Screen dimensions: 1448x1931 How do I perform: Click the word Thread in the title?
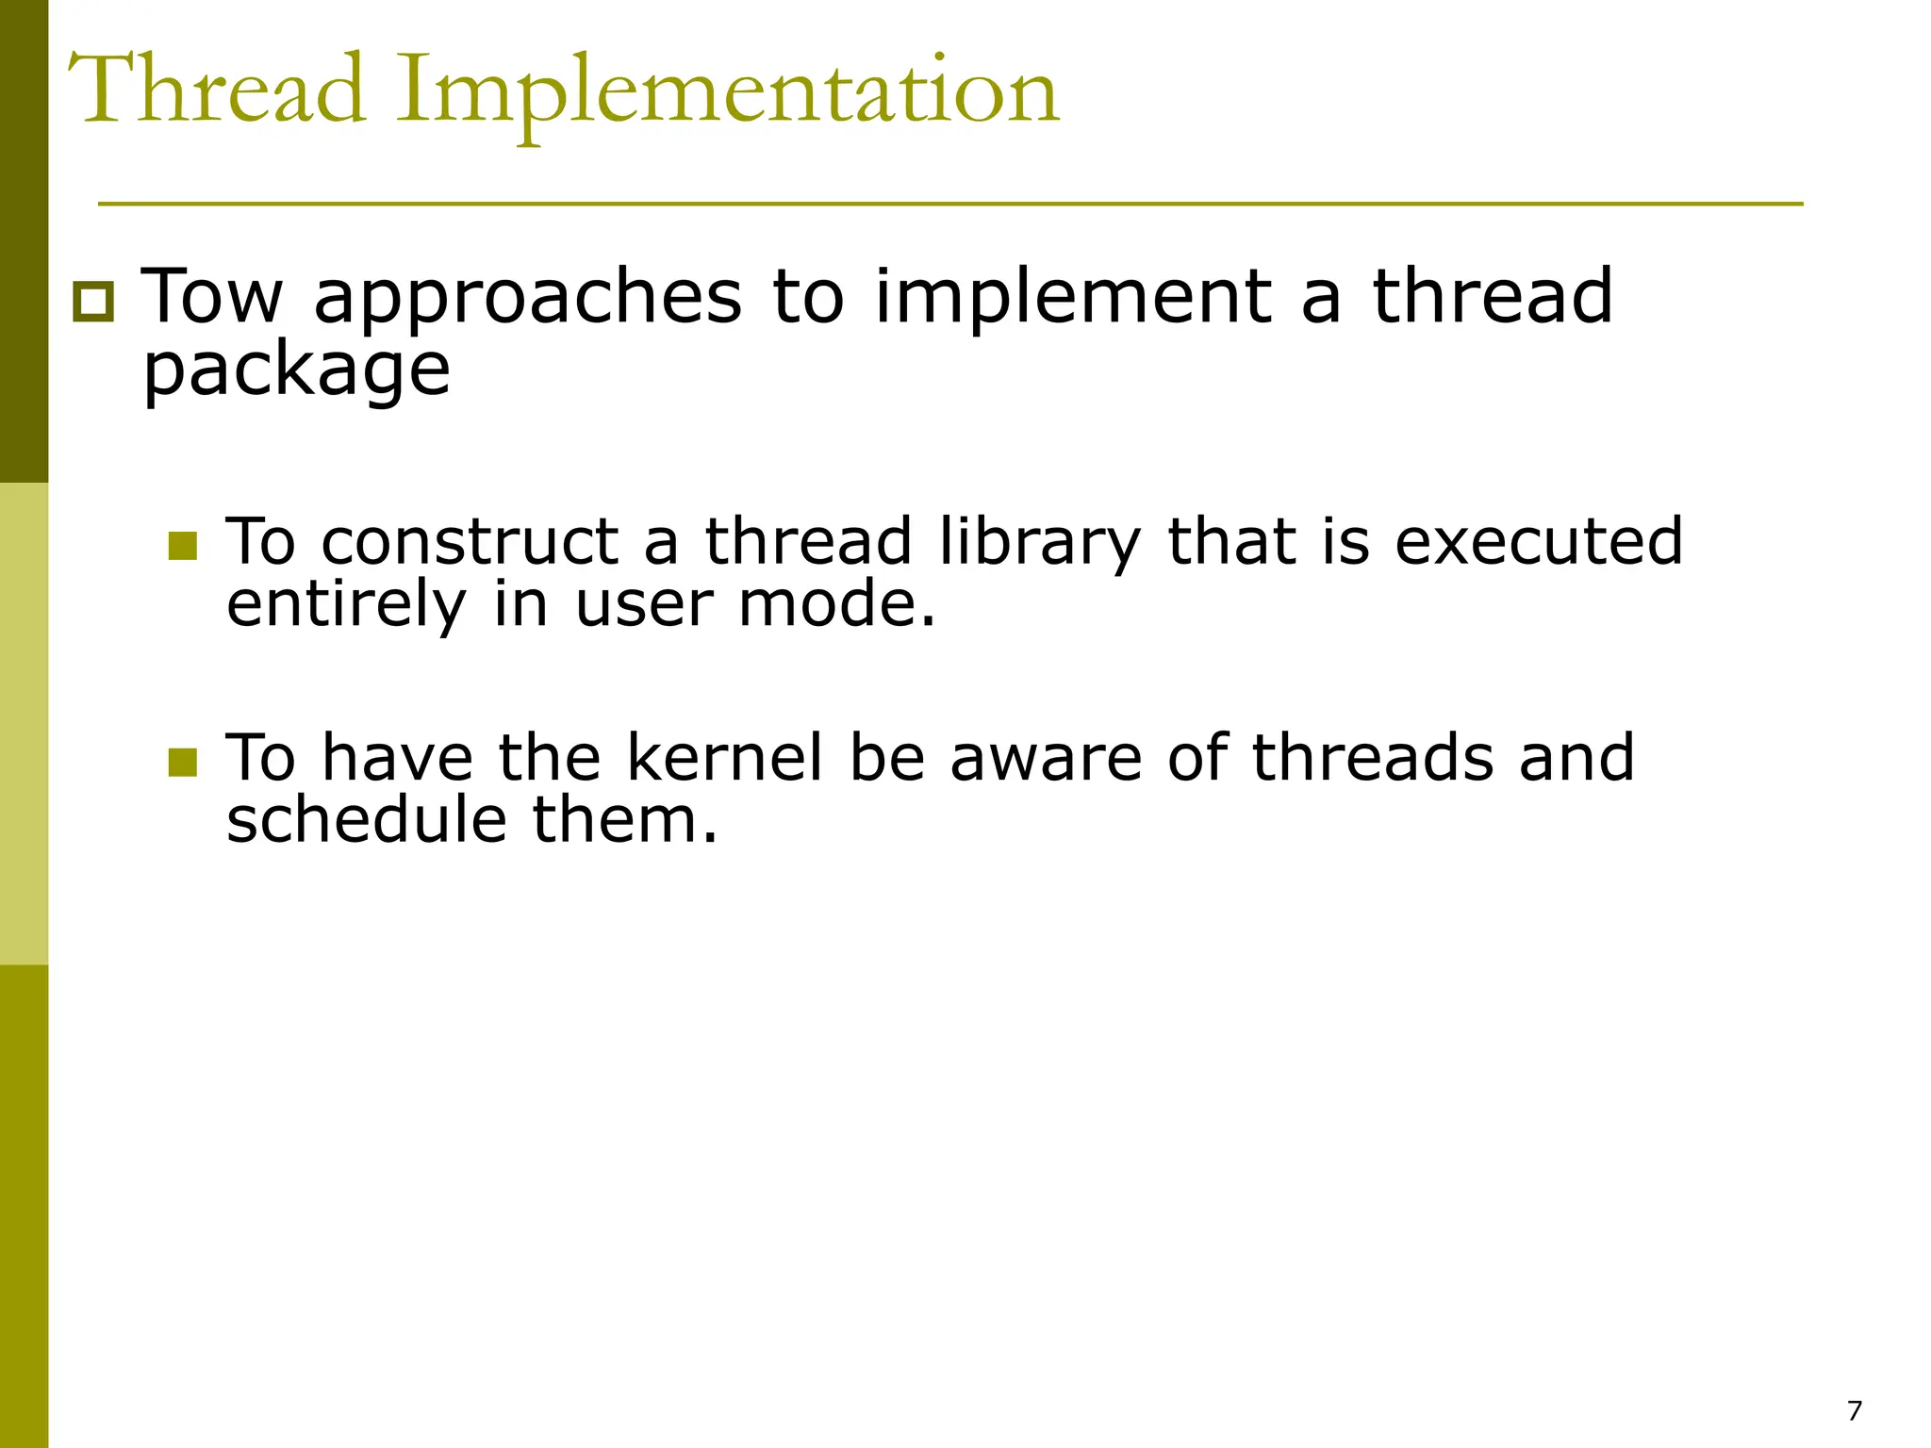[x=217, y=90]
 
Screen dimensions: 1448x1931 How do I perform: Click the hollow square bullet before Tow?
[x=93, y=303]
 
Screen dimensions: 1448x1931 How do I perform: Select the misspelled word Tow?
[x=212, y=297]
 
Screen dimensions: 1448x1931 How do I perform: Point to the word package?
[x=296, y=371]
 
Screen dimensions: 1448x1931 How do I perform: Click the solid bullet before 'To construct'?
[x=182, y=546]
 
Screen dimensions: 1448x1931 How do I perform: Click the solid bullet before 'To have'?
[x=182, y=762]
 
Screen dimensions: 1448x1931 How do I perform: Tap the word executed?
[x=1539, y=542]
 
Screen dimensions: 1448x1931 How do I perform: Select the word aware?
[x=1046, y=760]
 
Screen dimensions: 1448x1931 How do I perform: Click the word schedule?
[x=367, y=819]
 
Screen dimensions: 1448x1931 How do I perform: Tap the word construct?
[x=470, y=544]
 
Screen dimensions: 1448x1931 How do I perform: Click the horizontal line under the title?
[x=950, y=204]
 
